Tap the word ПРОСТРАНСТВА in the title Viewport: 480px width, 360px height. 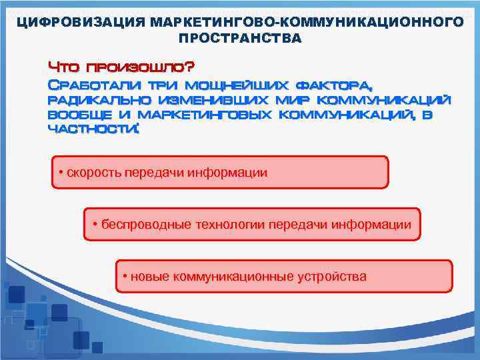(x=239, y=38)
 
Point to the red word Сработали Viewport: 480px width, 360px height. (x=94, y=85)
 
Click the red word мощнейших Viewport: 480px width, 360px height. (x=237, y=85)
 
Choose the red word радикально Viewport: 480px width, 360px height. (x=98, y=100)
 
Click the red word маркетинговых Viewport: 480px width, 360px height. (x=207, y=115)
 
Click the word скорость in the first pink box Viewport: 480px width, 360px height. (x=90, y=173)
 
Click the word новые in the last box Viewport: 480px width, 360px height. (x=150, y=276)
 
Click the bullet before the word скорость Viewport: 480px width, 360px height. (x=61, y=173)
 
